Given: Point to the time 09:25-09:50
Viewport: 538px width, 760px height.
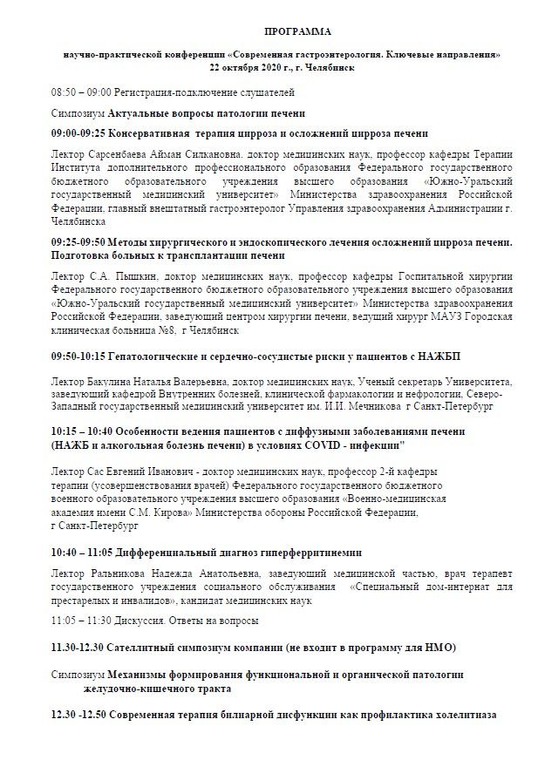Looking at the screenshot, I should (79, 241).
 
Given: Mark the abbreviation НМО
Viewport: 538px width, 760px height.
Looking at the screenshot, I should (441, 649).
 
